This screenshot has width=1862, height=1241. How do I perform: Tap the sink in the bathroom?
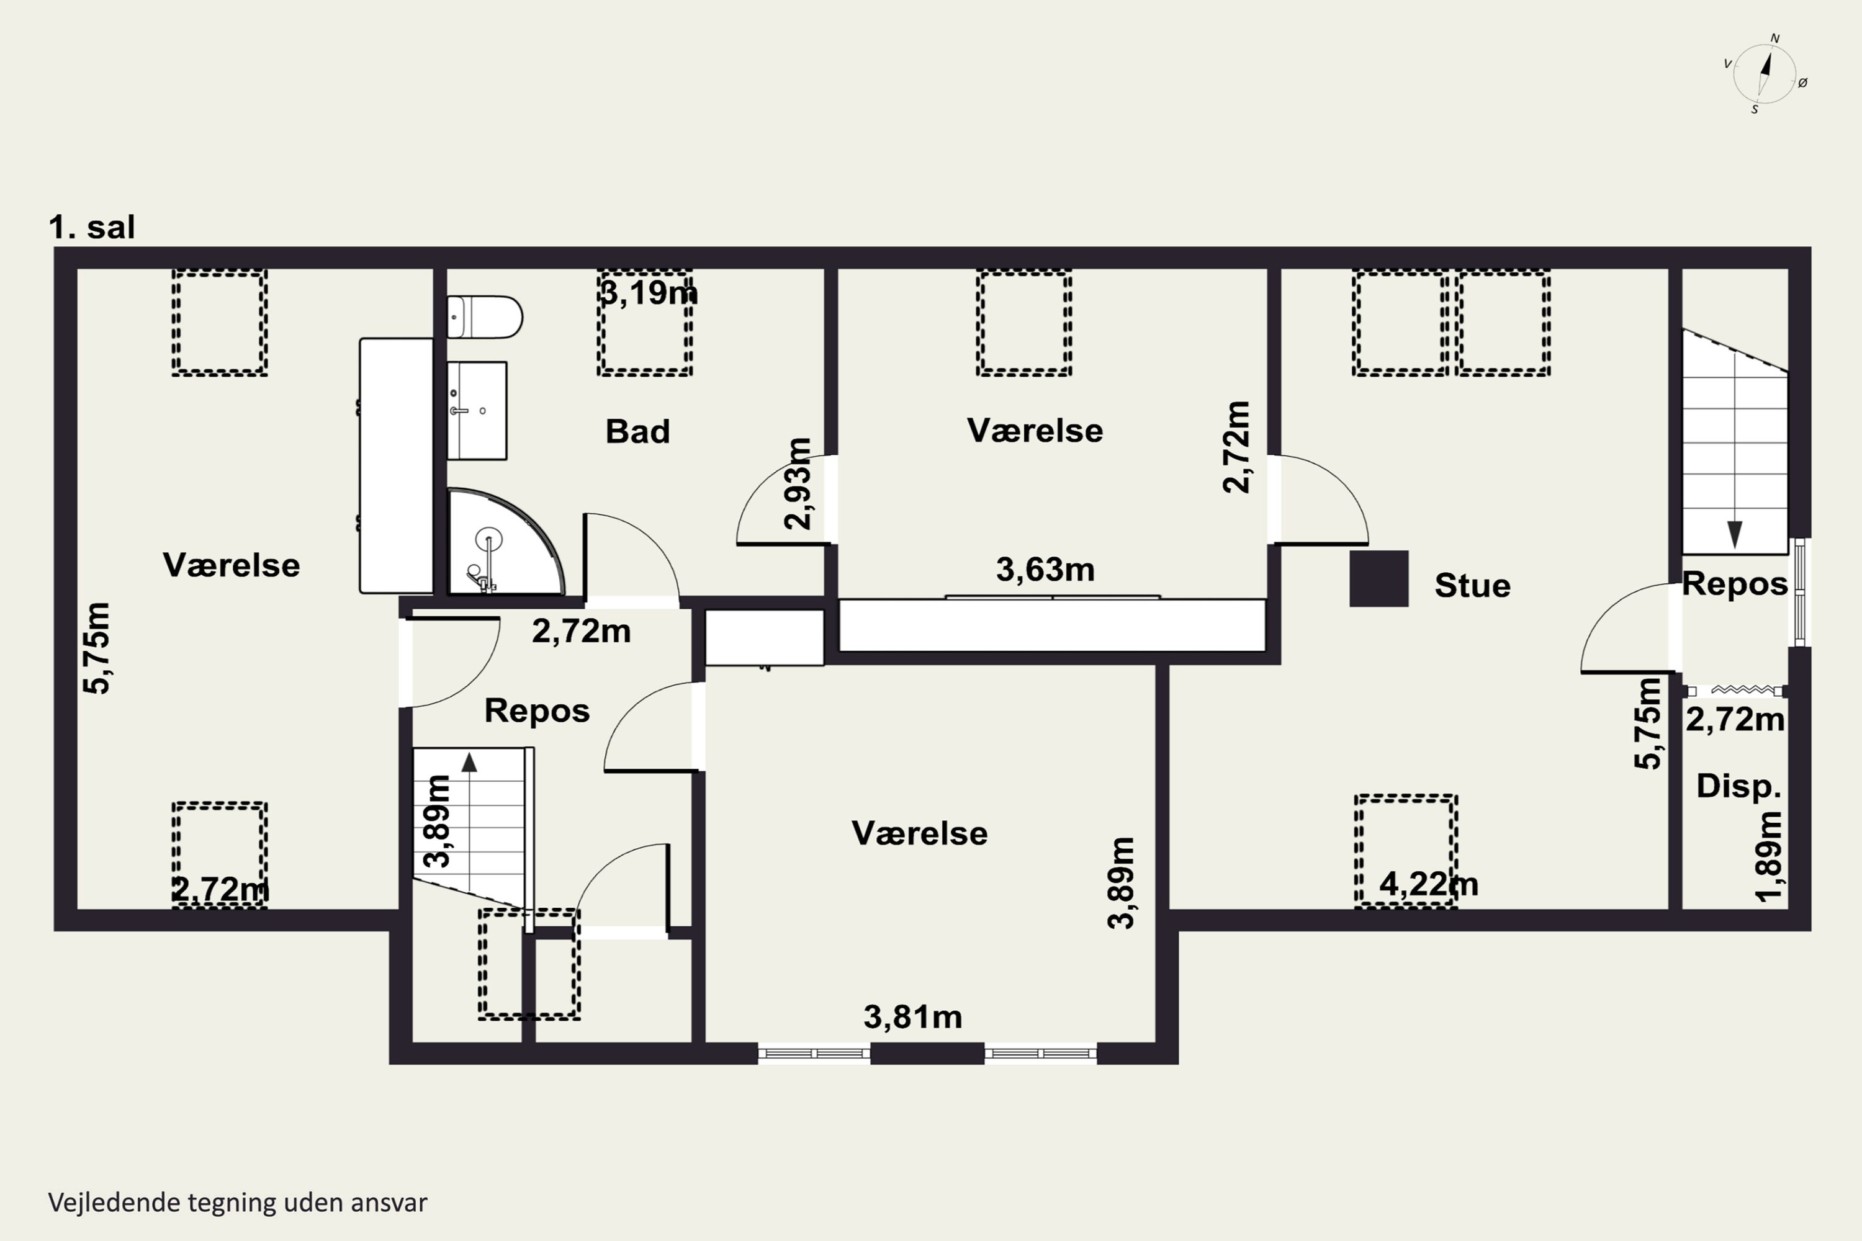[x=477, y=410]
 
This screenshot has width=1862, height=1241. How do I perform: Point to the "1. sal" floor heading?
[x=92, y=227]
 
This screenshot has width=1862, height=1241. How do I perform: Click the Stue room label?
[x=1472, y=586]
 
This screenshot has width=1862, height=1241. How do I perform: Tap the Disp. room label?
[x=1738, y=786]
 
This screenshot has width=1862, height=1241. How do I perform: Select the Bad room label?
[x=637, y=431]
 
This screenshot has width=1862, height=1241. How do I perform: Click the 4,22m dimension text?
[x=1429, y=883]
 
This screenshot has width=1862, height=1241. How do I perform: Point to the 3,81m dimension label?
[x=913, y=1017]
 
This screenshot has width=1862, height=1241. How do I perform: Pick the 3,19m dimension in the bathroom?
[x=649, y=293]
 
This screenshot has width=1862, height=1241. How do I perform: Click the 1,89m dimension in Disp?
[x=1768, y=856]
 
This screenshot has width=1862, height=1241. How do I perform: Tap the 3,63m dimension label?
[x=1045, y=569]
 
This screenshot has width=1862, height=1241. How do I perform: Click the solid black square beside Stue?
[x=1379, y=578]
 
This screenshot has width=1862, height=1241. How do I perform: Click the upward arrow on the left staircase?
[x=469, y=762]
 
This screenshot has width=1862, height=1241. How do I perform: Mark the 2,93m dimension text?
[x=797, y=483]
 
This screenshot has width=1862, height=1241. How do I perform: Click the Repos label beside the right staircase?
[x=1735, y=584]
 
